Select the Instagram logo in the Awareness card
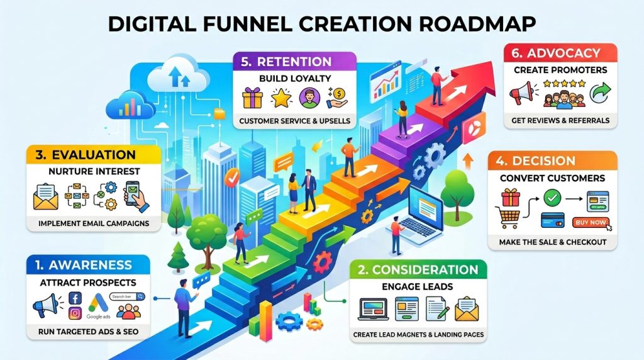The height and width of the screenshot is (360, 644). pos(75,313)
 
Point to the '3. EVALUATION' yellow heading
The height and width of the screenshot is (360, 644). pos(86,155)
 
